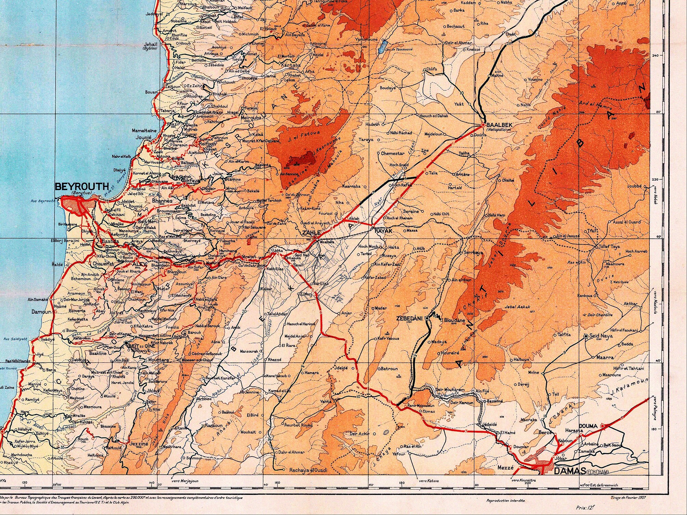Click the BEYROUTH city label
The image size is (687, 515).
point(82,187)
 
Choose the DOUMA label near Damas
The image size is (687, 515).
point(588,426)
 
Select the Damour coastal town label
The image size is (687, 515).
point(41,312)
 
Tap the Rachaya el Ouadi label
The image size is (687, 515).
point(308,470)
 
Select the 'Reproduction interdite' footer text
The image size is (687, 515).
point(505,501)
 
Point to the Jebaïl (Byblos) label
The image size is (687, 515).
point(150,45)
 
